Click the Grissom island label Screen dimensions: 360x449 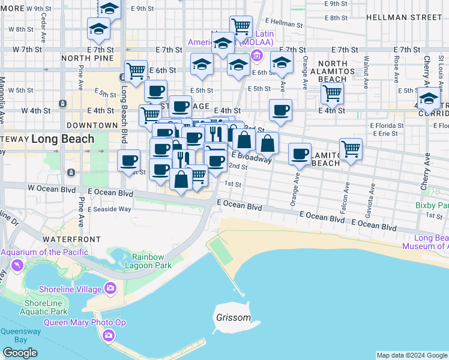pos(234,317)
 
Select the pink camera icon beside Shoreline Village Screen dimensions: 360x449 pos(110,289)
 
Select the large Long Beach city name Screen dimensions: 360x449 pos(62,139)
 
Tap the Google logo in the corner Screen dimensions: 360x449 pos(20,353)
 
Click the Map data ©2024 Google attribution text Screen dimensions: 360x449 pos(412,355)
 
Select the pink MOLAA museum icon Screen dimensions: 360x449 pos(258,56)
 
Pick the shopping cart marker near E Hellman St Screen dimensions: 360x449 pos(241,26)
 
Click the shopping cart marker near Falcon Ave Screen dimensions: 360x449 pos(351,149)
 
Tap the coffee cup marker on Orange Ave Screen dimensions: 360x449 pos(299,154)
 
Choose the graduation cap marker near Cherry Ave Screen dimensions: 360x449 pos(429,98)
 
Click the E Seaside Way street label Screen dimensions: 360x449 pos(110,209)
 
